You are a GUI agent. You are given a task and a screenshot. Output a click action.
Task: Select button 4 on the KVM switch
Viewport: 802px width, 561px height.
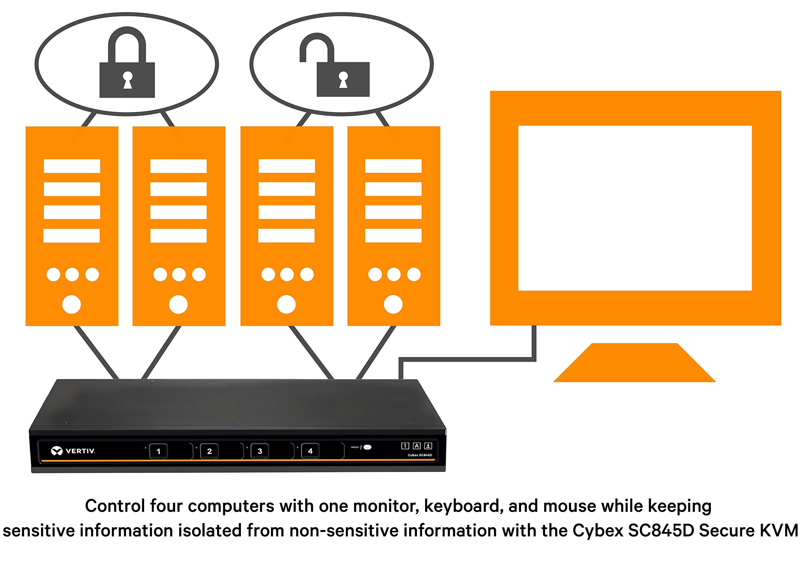click(x=310, y=451)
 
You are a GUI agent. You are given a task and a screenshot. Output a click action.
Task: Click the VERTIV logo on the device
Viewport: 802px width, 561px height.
click(x=73, y=451)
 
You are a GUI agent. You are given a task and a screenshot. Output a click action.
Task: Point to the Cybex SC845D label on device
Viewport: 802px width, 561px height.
click(x=419, y=455)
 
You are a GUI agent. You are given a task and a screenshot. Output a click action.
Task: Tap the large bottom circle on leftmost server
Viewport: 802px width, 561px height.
click(x=72, y=304)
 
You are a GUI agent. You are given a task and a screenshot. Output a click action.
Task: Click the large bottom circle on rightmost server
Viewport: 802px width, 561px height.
click(x=393, y=304)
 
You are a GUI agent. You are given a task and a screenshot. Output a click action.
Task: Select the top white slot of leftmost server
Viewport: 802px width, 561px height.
click(x=72, y=166)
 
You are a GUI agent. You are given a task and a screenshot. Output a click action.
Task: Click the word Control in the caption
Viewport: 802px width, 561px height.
click(x=115, y=506)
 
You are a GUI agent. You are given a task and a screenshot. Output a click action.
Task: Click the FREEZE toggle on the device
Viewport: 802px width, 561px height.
click(x=367, y=447)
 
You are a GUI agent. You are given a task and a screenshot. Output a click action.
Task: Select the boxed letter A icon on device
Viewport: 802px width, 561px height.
click(x=416, y=446)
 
